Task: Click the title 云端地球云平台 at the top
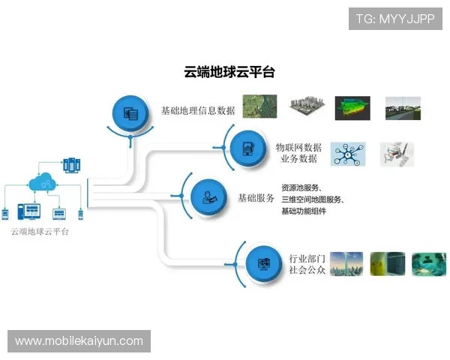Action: (229, 72)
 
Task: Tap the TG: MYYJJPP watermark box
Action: (396, 18)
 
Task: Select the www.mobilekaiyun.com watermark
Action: (79, 341)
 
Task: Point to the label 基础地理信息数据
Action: (198, 111)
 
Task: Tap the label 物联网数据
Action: (298, 147)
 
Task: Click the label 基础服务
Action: (256, 198)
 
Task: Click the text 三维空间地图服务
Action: (312, 199)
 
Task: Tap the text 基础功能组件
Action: (304, 211)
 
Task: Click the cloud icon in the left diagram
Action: (42, 181)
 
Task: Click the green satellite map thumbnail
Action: (259, 106)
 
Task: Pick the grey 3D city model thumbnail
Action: (305, 107)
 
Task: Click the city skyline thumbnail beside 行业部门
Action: (347, 263)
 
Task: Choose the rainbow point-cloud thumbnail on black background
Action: (352, 107)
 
